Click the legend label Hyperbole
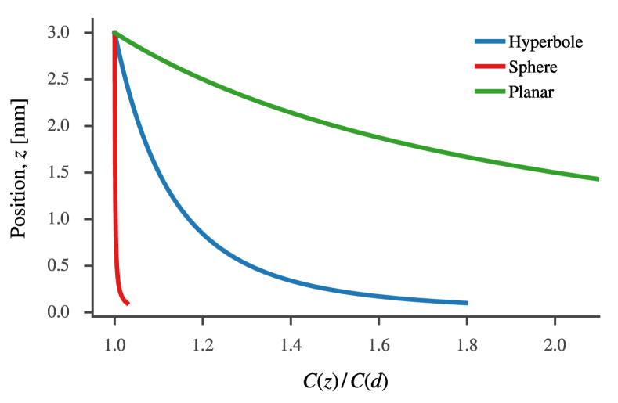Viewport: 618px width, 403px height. coord(545,42)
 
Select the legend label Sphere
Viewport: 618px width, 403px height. coord(533,67)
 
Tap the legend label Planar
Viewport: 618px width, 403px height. coord(531,92)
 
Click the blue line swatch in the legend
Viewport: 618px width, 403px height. coord(489,42)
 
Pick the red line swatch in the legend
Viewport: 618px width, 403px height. coord(489,67)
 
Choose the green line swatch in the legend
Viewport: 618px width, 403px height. coord(489,92)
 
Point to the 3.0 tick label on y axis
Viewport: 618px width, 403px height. coord(68,33)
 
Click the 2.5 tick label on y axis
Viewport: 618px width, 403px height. coord(68,80)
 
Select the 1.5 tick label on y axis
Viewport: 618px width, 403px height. coord(68,173)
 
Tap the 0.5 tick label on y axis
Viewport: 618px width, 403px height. coord(68,266)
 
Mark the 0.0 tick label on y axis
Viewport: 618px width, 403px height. coord(68,313)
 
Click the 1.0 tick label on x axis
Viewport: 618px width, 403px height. coord(114,343)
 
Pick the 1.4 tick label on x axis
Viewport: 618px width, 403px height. coord(291,343)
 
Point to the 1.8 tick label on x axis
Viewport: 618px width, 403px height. coord(467,343)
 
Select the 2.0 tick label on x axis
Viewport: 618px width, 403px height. coord(555,343)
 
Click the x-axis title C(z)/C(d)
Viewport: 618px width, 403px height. coord(345,382)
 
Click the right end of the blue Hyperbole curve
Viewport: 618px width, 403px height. coord(467,303)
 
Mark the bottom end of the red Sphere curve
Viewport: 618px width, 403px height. coord(128,303)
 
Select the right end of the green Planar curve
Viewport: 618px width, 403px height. coord(598,179)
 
